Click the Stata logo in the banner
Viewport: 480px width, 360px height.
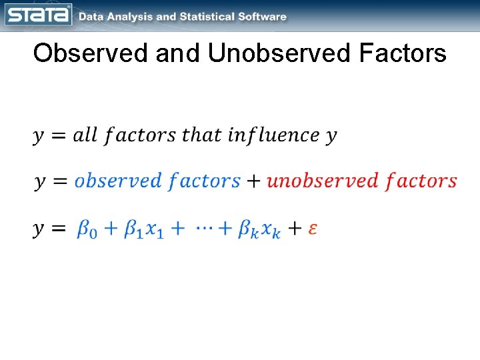coord(38,15)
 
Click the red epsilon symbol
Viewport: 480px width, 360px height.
coord(313,229)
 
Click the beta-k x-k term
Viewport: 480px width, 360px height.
coord(261,229)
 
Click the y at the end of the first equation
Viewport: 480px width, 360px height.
coord(331,137)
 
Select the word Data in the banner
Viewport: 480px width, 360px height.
coord(91,17)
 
